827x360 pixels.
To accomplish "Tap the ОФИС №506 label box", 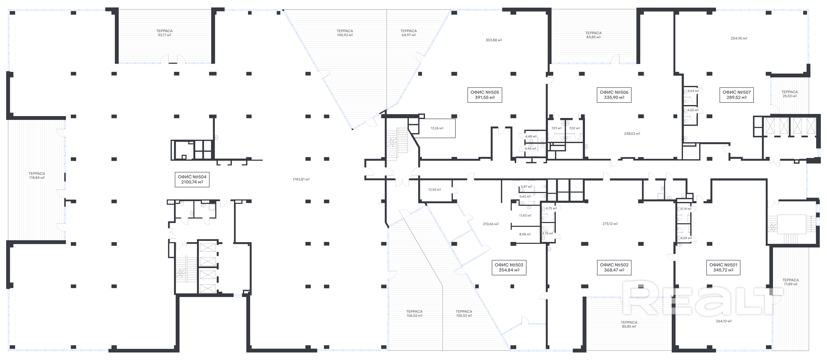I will (x=614, y=95).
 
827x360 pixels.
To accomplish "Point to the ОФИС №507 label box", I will (x=737, y=95).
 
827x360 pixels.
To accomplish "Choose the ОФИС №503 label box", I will (x=509, y=267).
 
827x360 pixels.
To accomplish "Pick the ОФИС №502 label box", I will (x=614, y=267).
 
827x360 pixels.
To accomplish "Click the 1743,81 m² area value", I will (x=301, y=179).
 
